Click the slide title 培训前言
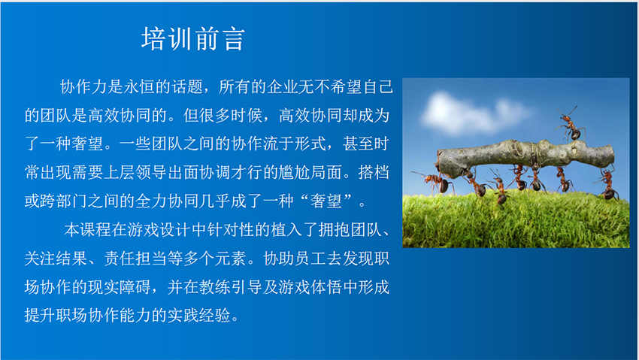point(192,39)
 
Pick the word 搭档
point(374,173)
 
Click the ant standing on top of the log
point(571,123)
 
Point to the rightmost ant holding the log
point(608,183)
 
